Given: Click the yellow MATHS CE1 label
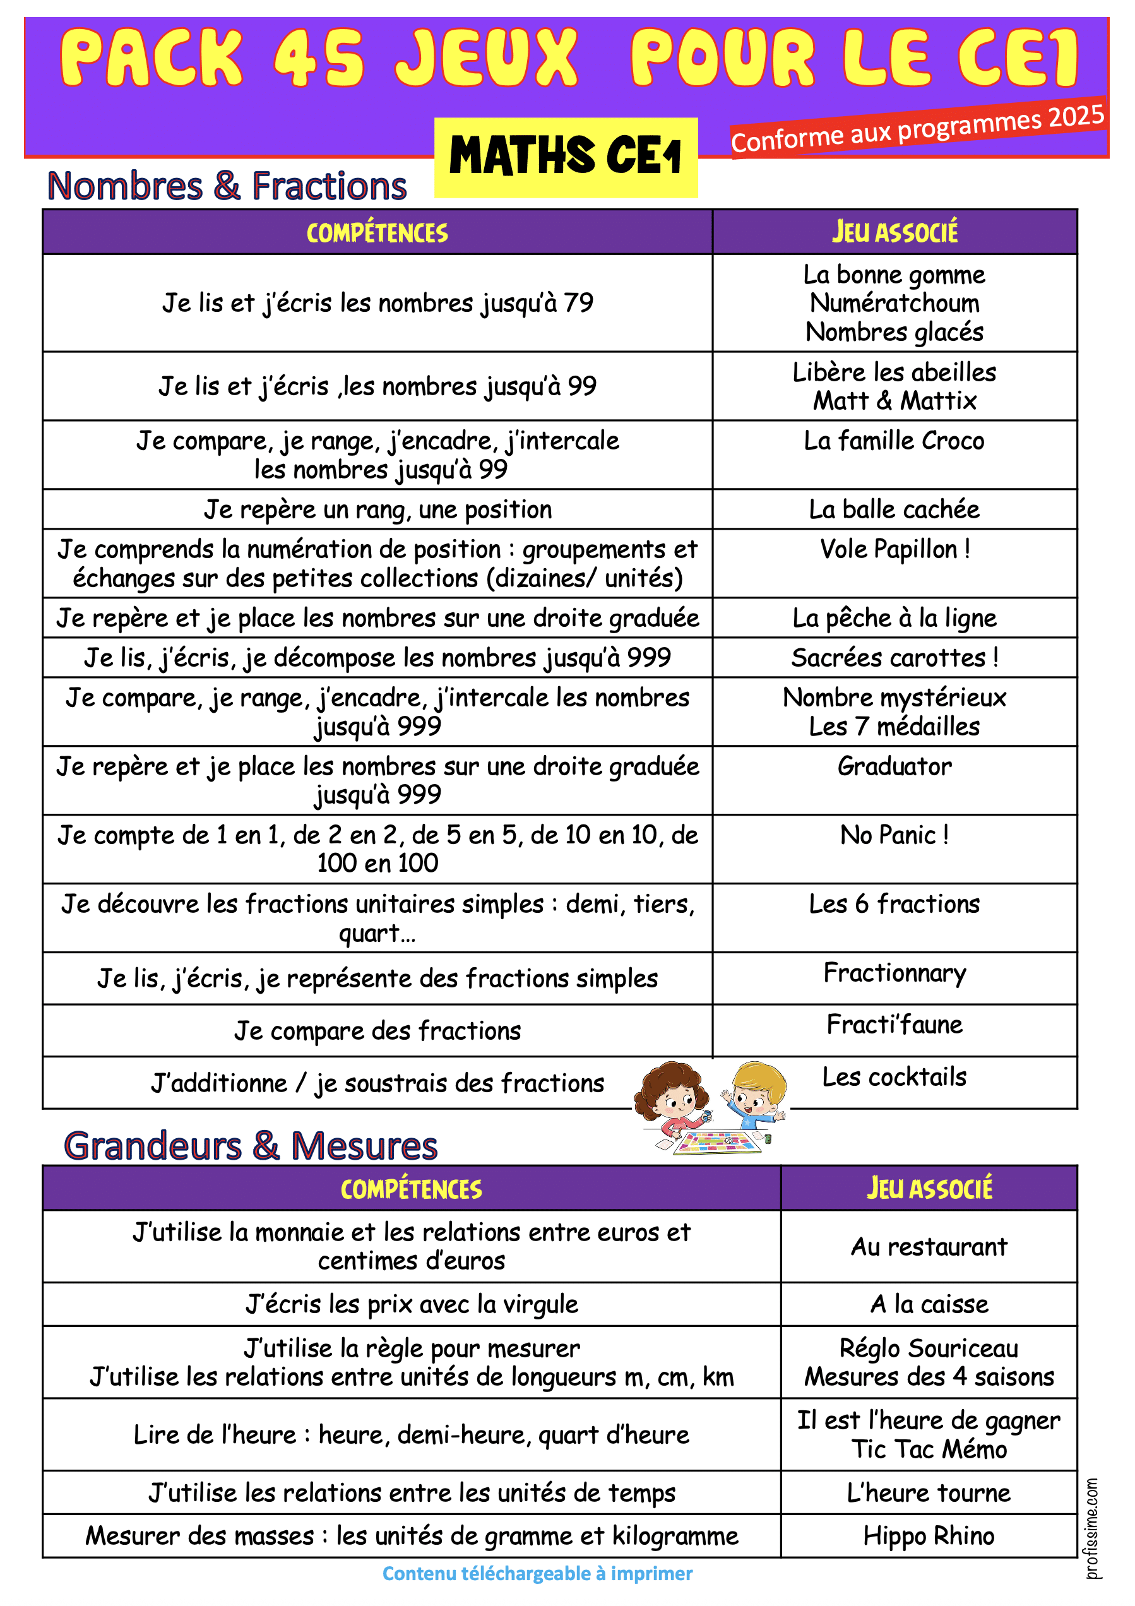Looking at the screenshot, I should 565,157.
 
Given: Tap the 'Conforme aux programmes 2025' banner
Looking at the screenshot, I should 917,129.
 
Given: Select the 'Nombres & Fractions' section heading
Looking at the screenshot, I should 227,186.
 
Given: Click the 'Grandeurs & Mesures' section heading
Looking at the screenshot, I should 251,1146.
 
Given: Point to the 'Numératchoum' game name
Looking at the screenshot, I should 894,303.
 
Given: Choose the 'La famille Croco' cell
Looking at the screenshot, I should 894,441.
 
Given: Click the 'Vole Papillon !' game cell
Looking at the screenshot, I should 894,550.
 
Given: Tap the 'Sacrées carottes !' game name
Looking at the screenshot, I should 894,658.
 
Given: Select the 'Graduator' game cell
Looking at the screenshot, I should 894,766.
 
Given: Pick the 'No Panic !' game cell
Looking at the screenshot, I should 894,835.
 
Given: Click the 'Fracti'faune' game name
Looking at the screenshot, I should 894,1025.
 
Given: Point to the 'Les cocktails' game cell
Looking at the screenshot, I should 894,1077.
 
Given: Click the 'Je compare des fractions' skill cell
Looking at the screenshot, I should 377,1031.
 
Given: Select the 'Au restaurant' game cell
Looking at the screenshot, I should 929,1246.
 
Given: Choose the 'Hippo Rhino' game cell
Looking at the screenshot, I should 929,1536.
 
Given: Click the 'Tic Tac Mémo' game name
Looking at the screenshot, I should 929,1449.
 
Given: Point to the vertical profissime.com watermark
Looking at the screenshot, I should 1091,1528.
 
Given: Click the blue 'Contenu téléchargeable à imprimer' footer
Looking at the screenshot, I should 537,1574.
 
